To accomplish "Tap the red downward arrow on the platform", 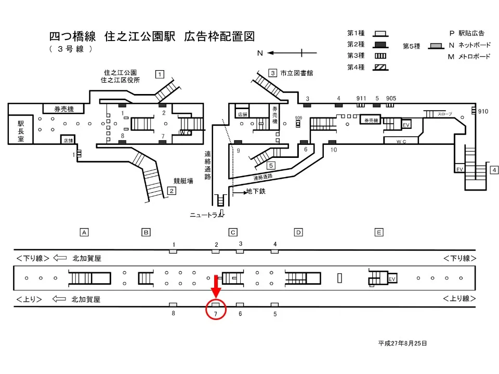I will click(x=216, y=285).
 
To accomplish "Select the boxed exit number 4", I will click(x=494, y=170).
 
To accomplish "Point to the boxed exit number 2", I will click(x=170, y=191).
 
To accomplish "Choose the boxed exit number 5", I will click(x=271, y=166).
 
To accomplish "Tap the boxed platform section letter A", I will click(x=83, y=232).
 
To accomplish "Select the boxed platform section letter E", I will click(x=379, y=232).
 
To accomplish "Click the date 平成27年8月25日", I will click(x=403, y=343).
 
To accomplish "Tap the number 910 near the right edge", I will click(x=483, y=112).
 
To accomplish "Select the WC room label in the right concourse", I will click(x=401, y=141).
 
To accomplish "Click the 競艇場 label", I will click(x=183, y=181).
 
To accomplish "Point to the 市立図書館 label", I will click(x=296, y=73).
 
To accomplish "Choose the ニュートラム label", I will click(x=206, y=214).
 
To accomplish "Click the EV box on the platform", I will click(x=392, y=279).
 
